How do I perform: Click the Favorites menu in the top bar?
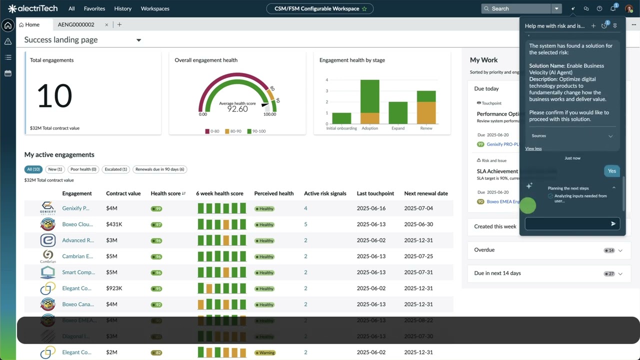pos(94,8)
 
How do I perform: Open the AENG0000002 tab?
pos(76,24)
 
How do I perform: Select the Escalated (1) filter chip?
pos(115,169)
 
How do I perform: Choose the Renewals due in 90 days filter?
pos(159,169)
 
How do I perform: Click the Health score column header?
pos(165,193)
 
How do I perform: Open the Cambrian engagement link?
pos(77,256)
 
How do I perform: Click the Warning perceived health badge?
pos(265,352)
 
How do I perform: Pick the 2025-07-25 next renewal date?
pos(418,256)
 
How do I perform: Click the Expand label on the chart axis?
pos(398,128)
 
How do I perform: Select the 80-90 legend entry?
pos(233,131)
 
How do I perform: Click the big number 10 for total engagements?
pos(54,96)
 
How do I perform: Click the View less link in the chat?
pos(533,148)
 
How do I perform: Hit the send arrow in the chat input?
pos(613,224)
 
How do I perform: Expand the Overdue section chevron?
pos(620,250)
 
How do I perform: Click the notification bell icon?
pos(613,8)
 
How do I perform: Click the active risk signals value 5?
pos(305,224)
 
